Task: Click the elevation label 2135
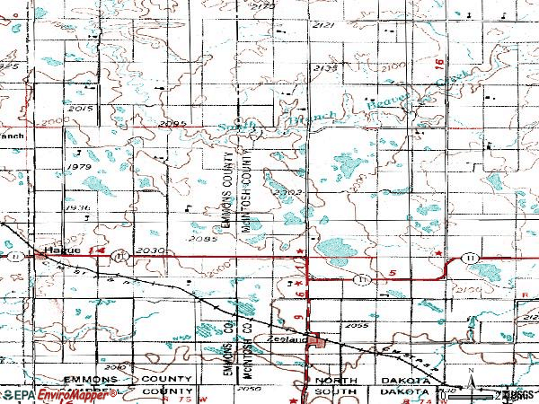(x=325, y=67)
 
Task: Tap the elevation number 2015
(x=81, y=109)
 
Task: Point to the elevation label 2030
(x=152, y=250)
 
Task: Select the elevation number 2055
(x=358, y=325)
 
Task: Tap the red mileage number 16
(x=438, y=65)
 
